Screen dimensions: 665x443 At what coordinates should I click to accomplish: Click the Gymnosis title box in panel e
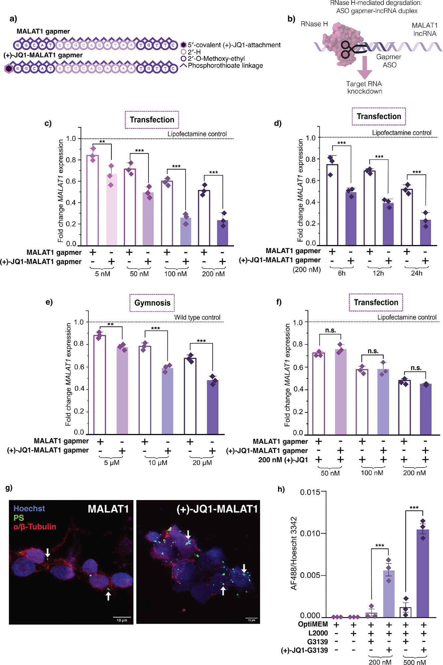point(152,303)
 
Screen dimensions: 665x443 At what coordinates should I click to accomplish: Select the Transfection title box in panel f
point(376,302)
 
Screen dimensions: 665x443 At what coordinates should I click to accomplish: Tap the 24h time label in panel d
point(416,273)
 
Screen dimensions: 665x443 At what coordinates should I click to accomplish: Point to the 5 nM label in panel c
point(102,274)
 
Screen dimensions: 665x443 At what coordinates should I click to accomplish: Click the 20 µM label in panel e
point(202,463)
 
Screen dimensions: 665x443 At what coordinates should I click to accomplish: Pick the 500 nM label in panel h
point(414,662)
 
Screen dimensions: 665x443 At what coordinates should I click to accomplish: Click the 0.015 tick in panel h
point(310,492)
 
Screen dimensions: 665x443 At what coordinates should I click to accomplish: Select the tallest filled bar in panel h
point(423,573)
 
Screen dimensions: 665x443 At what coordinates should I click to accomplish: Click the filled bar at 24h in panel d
point(425,232)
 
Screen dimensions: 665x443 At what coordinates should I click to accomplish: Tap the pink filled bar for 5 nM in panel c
point(111,209)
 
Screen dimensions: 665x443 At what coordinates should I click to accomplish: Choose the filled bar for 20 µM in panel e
point(213,407)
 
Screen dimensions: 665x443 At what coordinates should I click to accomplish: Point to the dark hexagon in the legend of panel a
point(183,45)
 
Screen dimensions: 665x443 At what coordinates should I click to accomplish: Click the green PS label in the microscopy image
point(19,518)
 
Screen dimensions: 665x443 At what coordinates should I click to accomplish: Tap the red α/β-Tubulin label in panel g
point(35,527)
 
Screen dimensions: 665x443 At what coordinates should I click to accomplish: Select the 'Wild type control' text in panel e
point(197,318)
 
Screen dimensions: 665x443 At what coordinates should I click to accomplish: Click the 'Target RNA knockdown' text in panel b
point(364,87)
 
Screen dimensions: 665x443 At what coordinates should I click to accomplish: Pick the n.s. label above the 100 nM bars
point(373,351)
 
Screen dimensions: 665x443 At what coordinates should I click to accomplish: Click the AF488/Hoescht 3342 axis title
point(293,553)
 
